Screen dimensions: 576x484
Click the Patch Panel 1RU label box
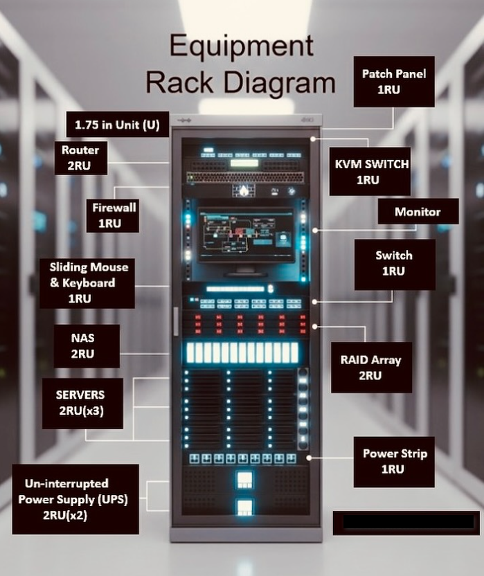(x=393, y=82)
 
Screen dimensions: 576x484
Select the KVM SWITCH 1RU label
(x=368, y=172)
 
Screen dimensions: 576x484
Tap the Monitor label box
(x=418, y=212)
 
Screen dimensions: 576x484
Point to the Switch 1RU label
(x=394, y=264)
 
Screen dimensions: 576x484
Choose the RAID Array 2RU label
(x=370, y=368)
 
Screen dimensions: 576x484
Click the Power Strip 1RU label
(x=394, y=461)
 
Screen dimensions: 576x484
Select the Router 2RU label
(x=80, y=158)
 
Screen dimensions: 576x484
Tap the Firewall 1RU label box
(x=114, y=215)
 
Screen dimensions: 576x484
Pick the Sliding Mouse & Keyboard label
(x=88, y=282)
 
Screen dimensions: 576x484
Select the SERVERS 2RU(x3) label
(x=82, y=403)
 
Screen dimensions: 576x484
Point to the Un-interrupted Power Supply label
(x=75, y=499)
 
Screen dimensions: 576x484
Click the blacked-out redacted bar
(x=405, y=523)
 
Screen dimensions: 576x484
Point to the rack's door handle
(x=176, y=321)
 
